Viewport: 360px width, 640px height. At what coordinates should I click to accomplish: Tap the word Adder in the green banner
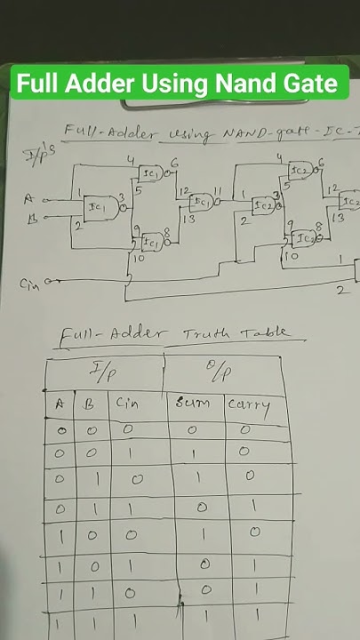click(99, 84)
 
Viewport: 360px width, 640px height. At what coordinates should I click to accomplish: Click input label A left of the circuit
click(28, 200)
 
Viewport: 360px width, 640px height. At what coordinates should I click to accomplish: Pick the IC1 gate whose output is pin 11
click(203, 202)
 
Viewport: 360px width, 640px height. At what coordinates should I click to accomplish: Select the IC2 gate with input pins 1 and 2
click(262, 206)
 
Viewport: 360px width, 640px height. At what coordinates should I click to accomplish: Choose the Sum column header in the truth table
click(193, 405)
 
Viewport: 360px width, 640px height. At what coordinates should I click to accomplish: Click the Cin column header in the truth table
click(125, 402)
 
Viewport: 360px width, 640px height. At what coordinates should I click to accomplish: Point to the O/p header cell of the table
click(218, 370)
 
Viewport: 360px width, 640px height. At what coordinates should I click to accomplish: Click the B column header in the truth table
click(90, 403)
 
